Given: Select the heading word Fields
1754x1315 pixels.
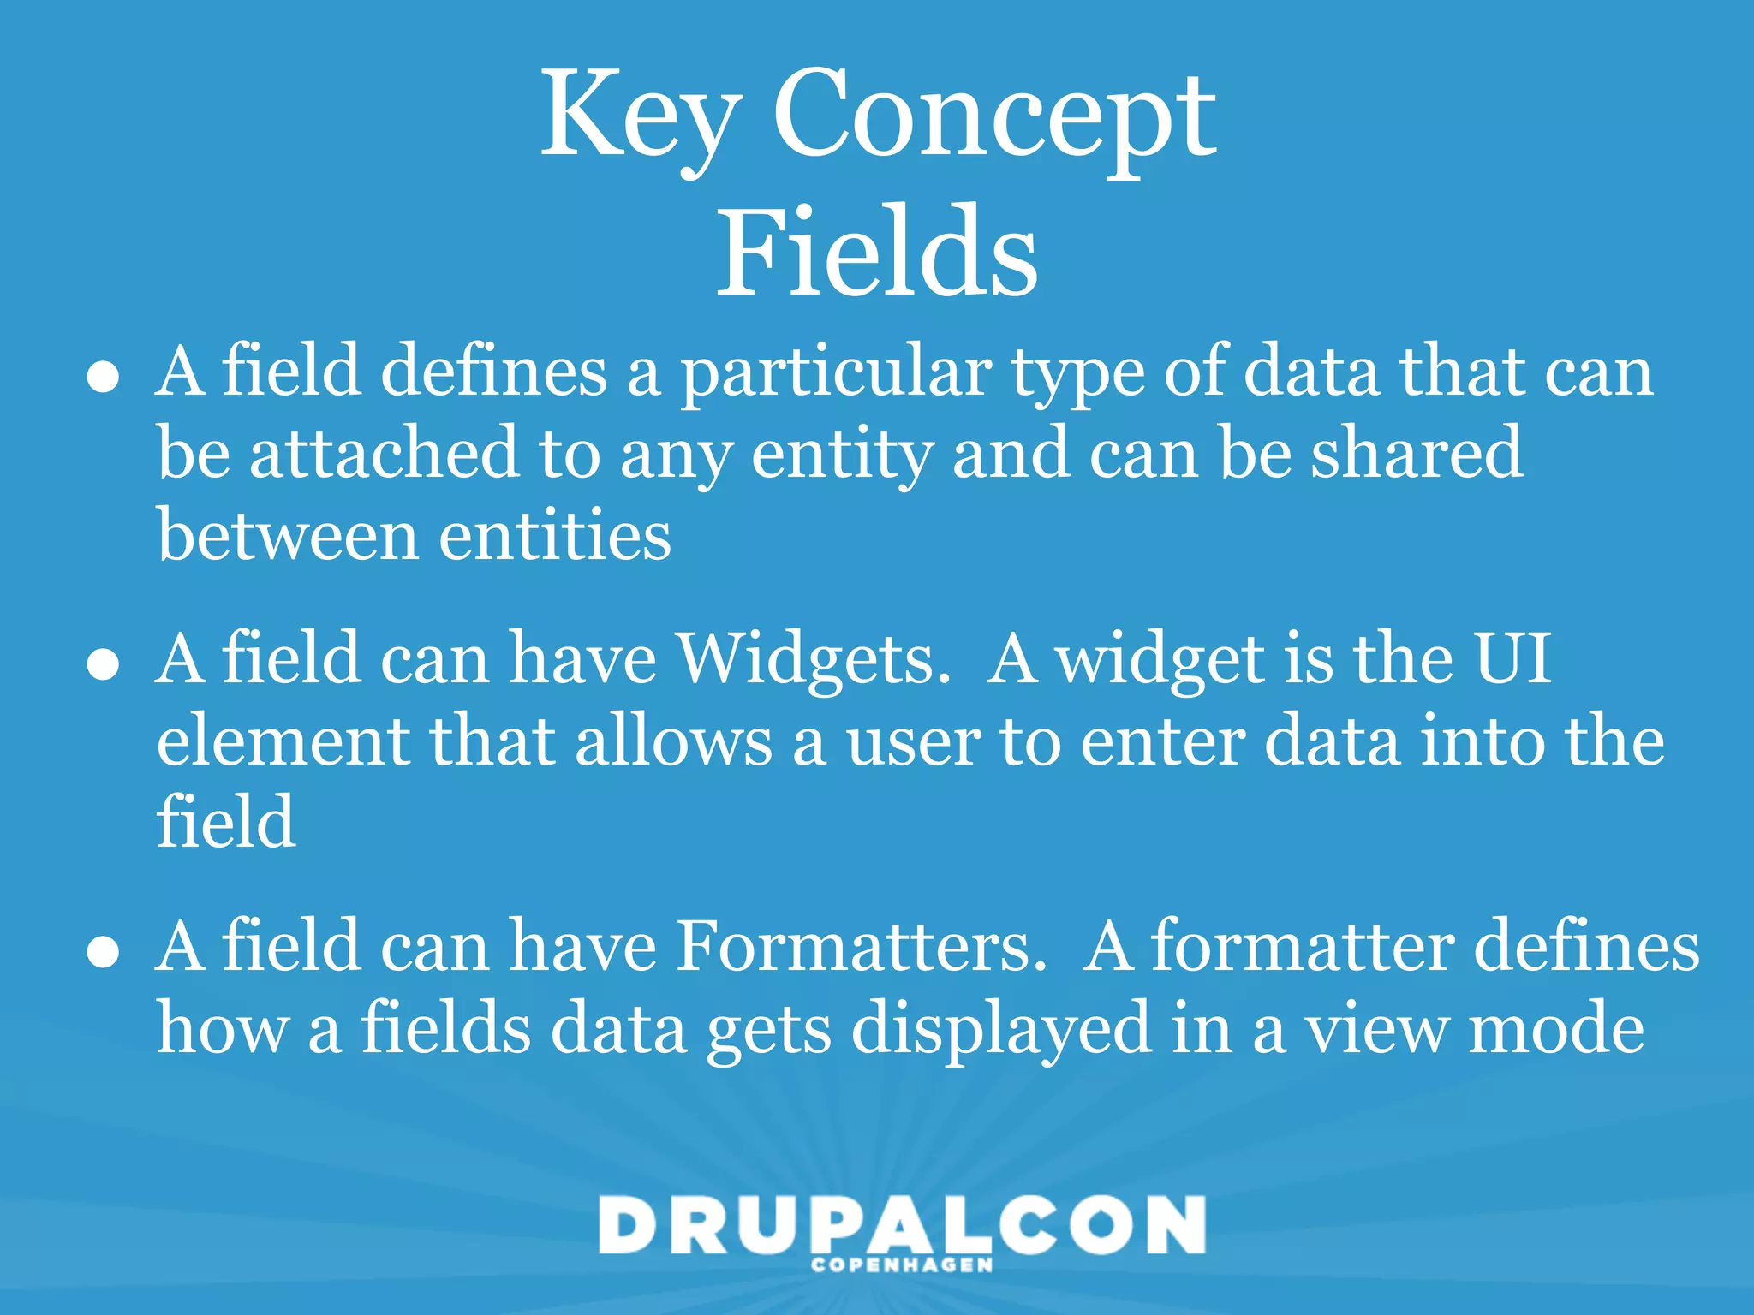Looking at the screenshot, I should [877, 253].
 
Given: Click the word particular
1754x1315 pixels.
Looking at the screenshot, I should [836, 373].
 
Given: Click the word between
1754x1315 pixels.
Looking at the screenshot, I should [288, 535].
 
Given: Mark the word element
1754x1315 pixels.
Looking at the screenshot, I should [283, 741].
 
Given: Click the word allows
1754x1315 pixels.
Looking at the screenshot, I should [673, 741].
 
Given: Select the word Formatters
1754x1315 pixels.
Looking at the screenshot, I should [862, 947].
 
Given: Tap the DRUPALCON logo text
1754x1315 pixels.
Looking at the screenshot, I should [902, 1225].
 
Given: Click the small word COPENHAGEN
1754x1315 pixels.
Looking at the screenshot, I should [902, 1265].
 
